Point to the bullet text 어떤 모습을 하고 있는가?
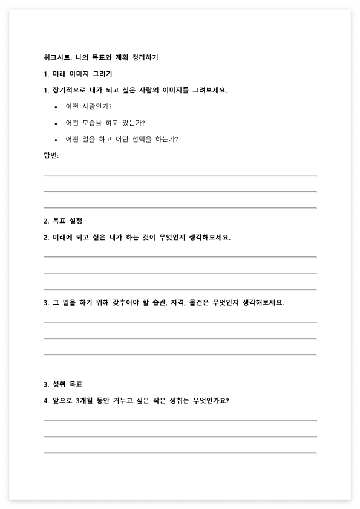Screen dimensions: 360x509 click(x=105, y=123)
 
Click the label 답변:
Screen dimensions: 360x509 click(x=51, y=155)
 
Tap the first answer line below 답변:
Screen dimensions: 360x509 click(x=180, y=175)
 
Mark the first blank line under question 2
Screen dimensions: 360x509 click(x=180, y=256)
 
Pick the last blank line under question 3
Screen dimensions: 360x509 click(x=180, y=355)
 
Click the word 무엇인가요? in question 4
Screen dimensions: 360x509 click(x=214, y=401)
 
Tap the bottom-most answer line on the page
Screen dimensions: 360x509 click(x=180, y=453)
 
